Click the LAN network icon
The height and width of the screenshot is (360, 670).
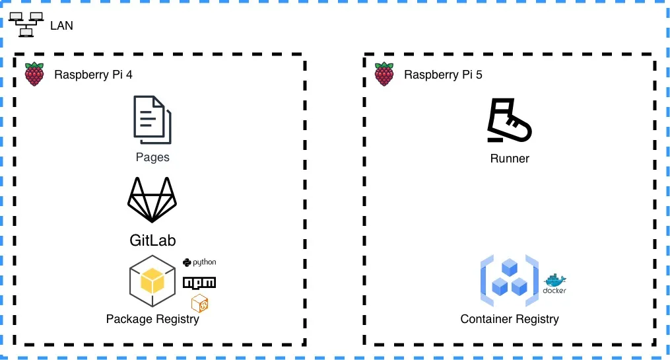(x=27, y=24)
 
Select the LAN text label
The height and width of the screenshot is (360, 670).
(x=61, y=26)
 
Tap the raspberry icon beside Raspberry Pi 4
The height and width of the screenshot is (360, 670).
(x=34, y=74)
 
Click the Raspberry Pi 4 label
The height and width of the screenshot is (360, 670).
(x=93, y=75)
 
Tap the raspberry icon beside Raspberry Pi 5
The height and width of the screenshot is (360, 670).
(x=384, y=74)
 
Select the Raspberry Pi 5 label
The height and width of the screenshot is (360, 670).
(x=443, y=75)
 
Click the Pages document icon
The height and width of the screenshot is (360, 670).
(x=152, y=120)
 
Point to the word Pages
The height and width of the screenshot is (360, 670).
(x=152, y=157)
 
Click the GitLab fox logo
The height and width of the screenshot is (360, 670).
(x=152, y=199)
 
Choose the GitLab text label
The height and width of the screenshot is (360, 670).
(x=152, y=240)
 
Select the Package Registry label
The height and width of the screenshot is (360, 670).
(x=152, y=319)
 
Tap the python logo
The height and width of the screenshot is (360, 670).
(x=199, y=262)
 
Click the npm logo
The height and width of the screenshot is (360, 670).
(x=199, y=283)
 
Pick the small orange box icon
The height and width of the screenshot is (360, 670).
(x=200, y=304)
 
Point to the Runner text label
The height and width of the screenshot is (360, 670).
(x=510, y=159)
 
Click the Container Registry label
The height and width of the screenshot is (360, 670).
(x=510, y=319)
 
